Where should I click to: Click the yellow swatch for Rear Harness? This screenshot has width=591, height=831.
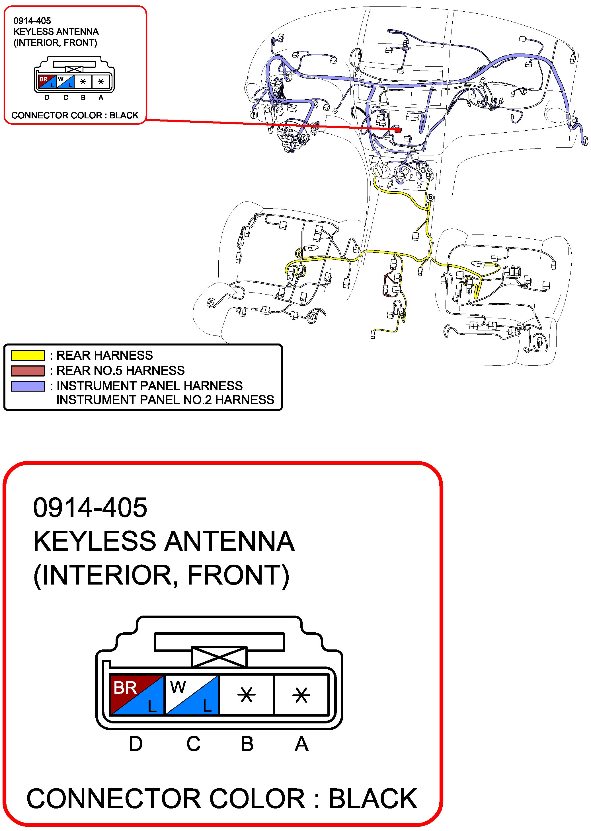tap(28, 355)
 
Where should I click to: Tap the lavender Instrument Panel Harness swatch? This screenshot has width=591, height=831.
tap(28, 386)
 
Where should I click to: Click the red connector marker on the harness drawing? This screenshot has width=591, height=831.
tap(398, 130)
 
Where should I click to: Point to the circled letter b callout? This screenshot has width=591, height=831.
tap(430, 198)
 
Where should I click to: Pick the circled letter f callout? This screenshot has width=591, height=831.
tap(254, 115)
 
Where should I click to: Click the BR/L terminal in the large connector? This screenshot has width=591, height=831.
tap(137, 695)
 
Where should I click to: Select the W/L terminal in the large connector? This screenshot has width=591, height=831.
tap(192, 695)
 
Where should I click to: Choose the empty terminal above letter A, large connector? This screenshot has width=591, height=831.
tap(301, 695)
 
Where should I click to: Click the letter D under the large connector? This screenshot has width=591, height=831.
tap(136, 744)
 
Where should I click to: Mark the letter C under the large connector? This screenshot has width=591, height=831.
tap(193, 744)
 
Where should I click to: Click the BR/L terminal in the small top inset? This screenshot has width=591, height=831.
tap(47, 81)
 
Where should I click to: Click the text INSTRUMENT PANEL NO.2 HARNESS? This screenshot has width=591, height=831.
tap(165, 400)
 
